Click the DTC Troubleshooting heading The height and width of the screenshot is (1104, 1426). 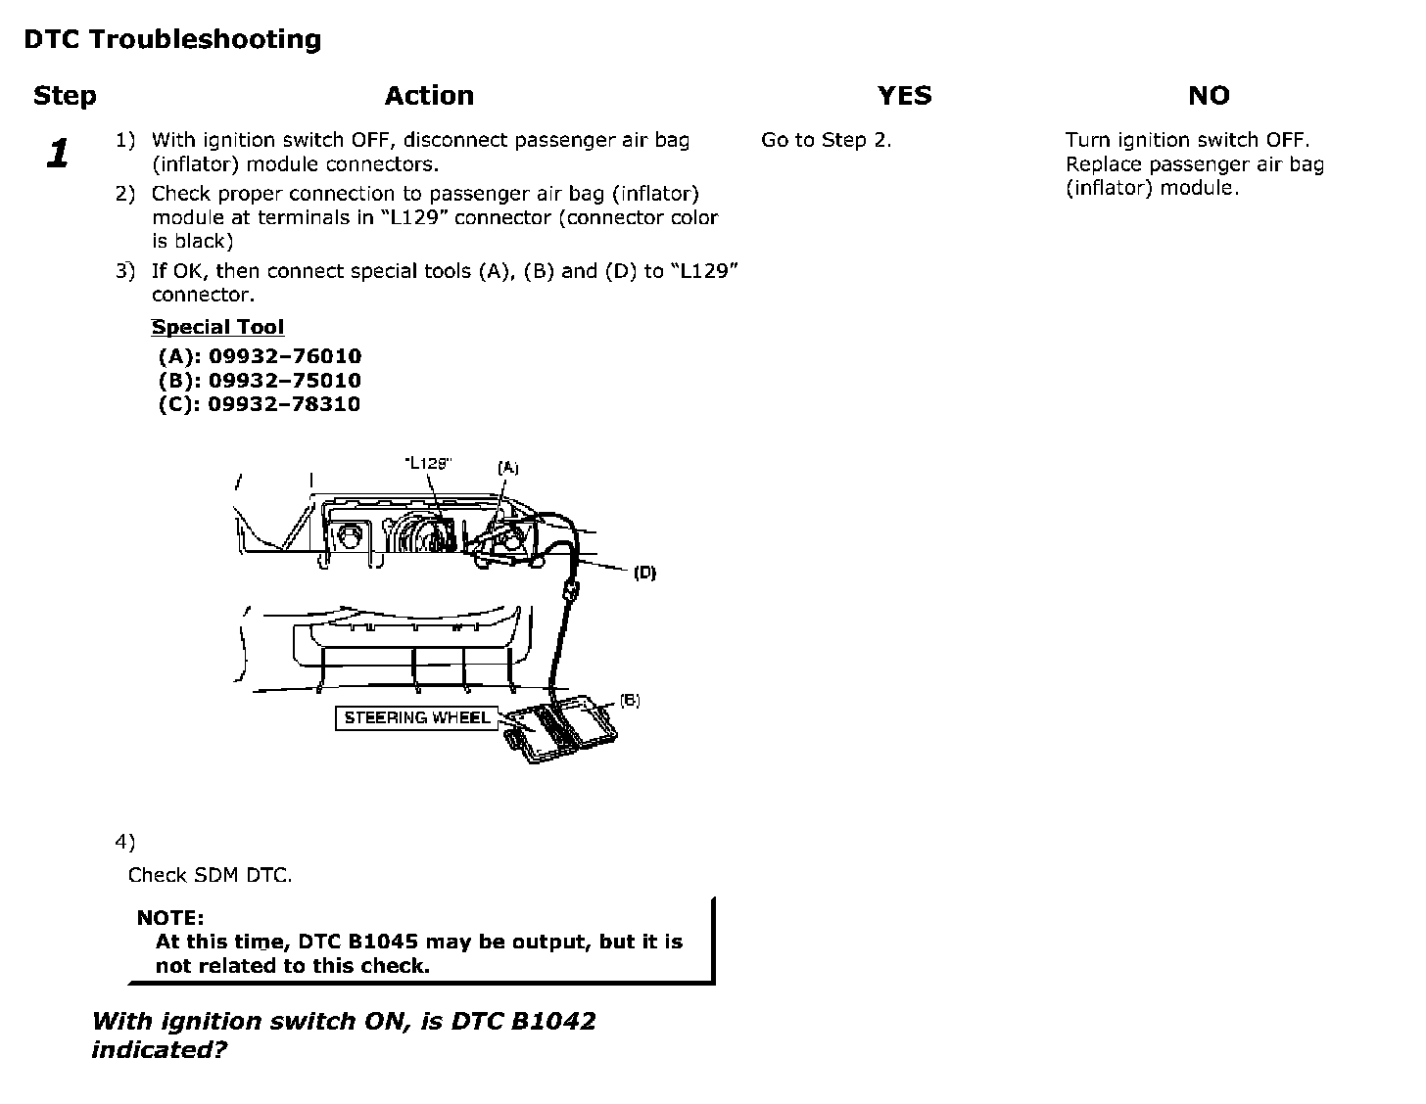tap(172, 39)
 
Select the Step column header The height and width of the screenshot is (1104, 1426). tap(65, 96)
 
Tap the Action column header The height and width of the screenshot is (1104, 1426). tap(429, 96)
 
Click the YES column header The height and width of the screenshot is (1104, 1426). tap(904, 96)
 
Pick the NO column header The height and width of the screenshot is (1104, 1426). tap(1208, 96)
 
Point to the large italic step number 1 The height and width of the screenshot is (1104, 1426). tap(59, 154)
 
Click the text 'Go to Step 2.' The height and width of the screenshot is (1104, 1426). tap(826, 140)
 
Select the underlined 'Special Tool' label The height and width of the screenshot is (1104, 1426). tap(217, 328)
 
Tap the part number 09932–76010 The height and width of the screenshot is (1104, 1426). tap(285, 356)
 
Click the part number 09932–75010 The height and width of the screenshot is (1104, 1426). tap(285, 381)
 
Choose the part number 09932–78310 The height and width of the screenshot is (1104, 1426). tap(284, 404)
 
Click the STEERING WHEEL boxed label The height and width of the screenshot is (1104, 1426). tap(416, 718)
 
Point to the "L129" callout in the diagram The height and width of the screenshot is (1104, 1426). tap(428, 463)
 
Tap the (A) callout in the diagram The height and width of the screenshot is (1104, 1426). tap(507, 468)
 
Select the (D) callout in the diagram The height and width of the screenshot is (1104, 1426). tap(644, 573)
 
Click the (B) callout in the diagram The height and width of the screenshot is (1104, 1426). tap(630, 701)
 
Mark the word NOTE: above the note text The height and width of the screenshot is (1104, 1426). tap(170, 918)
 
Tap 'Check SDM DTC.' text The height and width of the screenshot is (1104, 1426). tap(210, 875)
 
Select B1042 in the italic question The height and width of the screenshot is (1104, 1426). tap(552, 1022)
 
